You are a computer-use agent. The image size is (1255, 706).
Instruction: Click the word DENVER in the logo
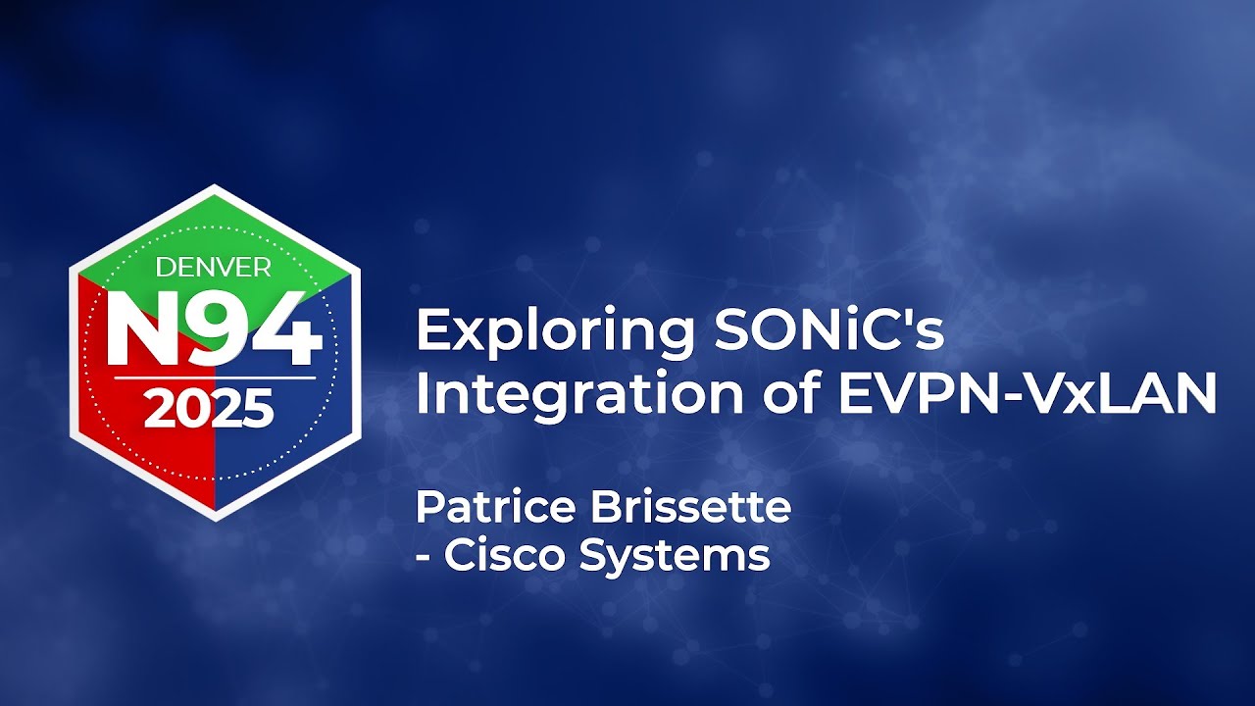[214, 267]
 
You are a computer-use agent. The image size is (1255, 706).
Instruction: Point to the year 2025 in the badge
[209, 409]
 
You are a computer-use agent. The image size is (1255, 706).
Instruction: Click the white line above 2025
[214, 378]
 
